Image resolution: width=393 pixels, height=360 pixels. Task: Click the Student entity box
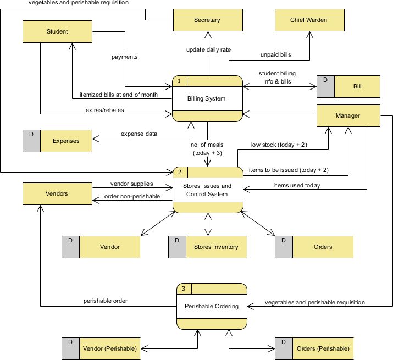point(57,31)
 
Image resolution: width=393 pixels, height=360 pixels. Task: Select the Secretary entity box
point(207,20)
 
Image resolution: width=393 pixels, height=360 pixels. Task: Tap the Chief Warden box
point(308,20)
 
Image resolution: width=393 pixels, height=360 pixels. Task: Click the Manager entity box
point(347,115)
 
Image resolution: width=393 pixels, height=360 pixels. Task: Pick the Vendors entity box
point(57,194)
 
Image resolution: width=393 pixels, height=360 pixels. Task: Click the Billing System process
point(207,99)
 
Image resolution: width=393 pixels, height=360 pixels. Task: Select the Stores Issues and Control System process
point(207,190)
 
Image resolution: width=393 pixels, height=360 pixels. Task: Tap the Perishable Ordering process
point(212,306)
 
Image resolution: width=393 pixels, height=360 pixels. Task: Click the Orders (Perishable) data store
point(314,348)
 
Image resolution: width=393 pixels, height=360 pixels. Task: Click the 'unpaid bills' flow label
point(275,55)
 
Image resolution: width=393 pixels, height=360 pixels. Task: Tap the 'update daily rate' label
point(208,49)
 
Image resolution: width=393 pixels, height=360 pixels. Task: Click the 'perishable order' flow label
point(106,301)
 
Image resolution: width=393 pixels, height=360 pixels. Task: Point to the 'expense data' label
point(139,134)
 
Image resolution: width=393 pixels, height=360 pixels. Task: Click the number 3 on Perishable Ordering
point(183,289)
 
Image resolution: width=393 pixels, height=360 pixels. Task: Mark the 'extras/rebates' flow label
point(104,110)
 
